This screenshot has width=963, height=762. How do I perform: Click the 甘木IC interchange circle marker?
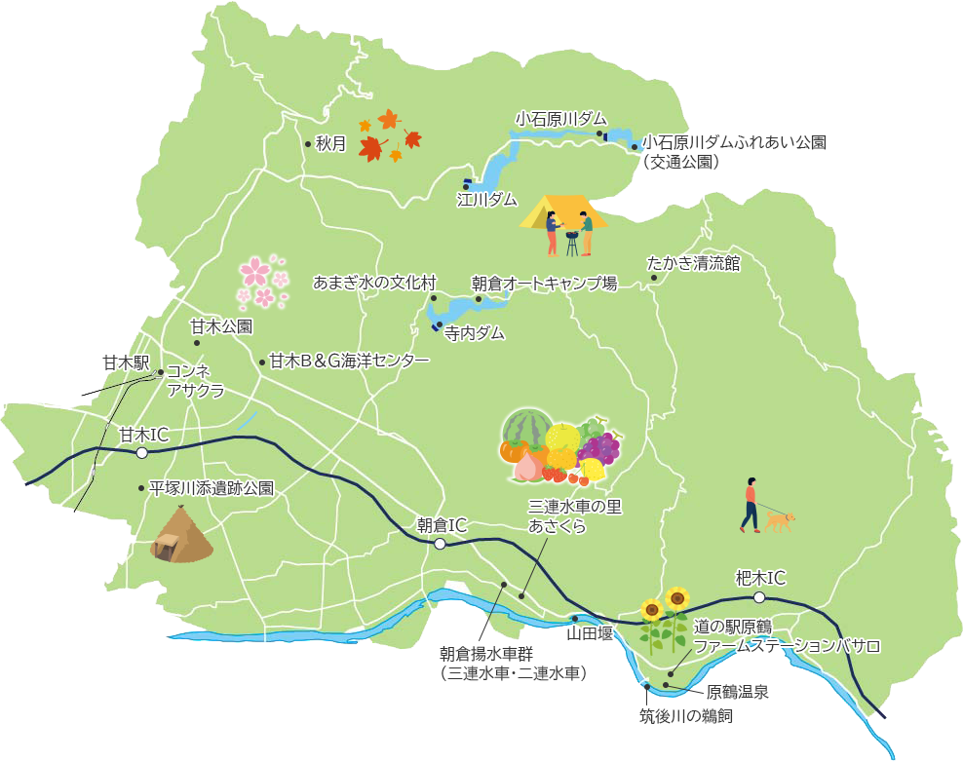point(142,453)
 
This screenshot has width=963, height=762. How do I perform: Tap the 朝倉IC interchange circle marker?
point(440,544)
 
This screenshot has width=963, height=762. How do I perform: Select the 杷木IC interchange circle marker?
point(758,597)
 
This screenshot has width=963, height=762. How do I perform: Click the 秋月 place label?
point(330,143)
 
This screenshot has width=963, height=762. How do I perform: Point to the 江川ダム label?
point(487,200)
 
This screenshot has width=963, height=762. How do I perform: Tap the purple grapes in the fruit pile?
point(599,449)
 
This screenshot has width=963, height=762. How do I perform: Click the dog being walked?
point(779,521)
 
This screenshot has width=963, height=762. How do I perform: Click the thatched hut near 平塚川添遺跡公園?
point(181,536)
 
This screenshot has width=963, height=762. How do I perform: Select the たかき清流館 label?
point(694,263)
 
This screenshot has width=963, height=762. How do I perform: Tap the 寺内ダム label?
point(475,333)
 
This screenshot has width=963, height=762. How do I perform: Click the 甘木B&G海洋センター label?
point(349,362)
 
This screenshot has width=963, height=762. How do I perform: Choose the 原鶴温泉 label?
point(738,693)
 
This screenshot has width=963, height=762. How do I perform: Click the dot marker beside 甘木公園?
point(198,342)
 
